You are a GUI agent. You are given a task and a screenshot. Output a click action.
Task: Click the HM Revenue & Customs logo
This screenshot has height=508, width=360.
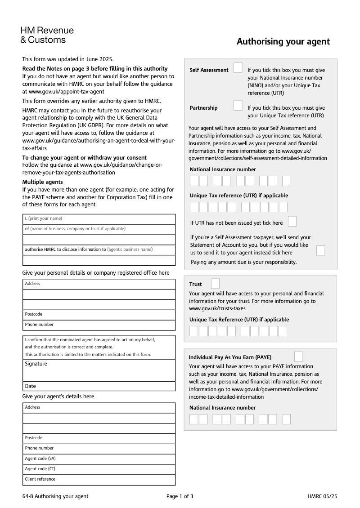point(47,35)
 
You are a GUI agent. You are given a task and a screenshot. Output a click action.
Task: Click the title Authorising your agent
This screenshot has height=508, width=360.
point(283,42)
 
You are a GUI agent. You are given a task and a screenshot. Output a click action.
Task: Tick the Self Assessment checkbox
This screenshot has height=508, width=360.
point(238,68)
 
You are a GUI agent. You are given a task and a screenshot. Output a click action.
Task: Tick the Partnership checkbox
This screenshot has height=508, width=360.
point(238,106)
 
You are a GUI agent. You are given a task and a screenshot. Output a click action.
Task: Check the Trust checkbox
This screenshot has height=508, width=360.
point(216,284)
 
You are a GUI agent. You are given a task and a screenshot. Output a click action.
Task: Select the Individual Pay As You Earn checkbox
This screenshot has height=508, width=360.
point(298,357)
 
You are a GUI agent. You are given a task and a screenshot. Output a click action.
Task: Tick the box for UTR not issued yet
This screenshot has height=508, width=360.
point(292,222)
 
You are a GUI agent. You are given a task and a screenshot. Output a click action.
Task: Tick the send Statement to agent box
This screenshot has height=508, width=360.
point(320,251)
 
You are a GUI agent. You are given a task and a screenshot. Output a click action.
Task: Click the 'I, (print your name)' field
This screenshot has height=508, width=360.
point(99,218)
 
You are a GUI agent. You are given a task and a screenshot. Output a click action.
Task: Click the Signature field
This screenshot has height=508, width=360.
point(99,370)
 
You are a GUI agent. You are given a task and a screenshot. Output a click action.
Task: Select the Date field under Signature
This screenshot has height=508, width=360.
point(99,386)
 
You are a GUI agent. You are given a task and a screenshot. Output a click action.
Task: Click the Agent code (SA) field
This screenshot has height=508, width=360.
point(99,459)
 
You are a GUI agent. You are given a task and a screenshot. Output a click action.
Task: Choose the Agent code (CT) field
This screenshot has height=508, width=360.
point(99,469)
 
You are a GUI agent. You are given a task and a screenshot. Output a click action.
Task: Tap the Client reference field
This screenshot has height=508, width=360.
point(99,480)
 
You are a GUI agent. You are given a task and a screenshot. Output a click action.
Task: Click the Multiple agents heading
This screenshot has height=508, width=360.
point(43,182)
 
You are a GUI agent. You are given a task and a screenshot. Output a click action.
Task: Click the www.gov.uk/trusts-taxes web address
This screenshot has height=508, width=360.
point(217,308)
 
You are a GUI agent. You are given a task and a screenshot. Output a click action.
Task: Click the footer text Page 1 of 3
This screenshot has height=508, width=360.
point(180,496)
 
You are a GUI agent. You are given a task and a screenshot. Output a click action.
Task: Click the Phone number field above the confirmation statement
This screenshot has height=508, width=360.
point(99,325)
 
